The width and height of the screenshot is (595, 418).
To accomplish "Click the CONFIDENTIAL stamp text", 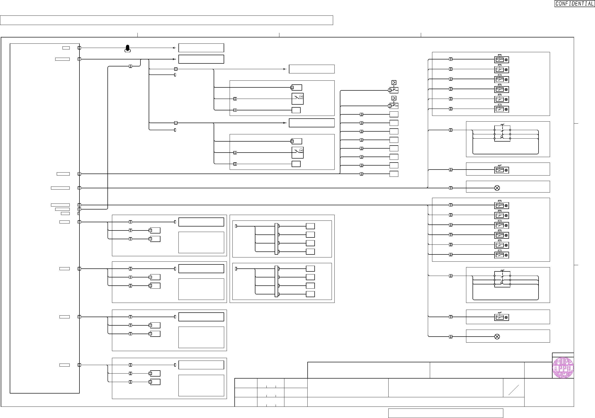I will tap(574, 4).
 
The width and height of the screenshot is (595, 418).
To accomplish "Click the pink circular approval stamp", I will tap(563, 368).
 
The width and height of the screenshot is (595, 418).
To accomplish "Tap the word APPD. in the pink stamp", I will tap(563, 368).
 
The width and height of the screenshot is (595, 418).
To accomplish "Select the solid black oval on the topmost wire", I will tap(127, 48).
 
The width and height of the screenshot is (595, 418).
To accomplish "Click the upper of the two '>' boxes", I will tap(394, 82).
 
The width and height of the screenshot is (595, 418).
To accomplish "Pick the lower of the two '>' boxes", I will tap(394, 98).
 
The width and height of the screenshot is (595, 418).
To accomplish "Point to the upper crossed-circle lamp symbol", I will tap(497, 188).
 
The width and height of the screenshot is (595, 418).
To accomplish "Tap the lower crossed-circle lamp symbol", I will tap(497, 337).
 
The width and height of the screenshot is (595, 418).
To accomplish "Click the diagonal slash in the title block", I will tap(514, 390).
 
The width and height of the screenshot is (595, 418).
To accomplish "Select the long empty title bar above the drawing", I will tap(166, 20).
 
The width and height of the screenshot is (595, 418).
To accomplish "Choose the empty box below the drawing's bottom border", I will tap(446, 413).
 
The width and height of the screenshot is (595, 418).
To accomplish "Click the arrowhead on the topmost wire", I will tap(174, 48).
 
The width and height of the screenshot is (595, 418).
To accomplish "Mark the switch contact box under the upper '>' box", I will tap(394, 90).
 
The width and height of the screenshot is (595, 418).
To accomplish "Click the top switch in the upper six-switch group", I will tap(502, 60).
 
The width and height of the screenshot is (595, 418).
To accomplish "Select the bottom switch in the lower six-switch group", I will tap(502, 255).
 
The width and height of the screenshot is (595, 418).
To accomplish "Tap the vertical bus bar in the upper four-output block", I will tap(276, 239).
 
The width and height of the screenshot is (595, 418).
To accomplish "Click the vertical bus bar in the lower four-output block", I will tap(276, 281).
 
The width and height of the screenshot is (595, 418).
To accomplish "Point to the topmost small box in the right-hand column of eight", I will tap(394, 114).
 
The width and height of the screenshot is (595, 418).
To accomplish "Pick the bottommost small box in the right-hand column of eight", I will tap(394, 174).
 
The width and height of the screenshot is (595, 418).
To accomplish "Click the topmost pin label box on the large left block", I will tap(66, 48).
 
